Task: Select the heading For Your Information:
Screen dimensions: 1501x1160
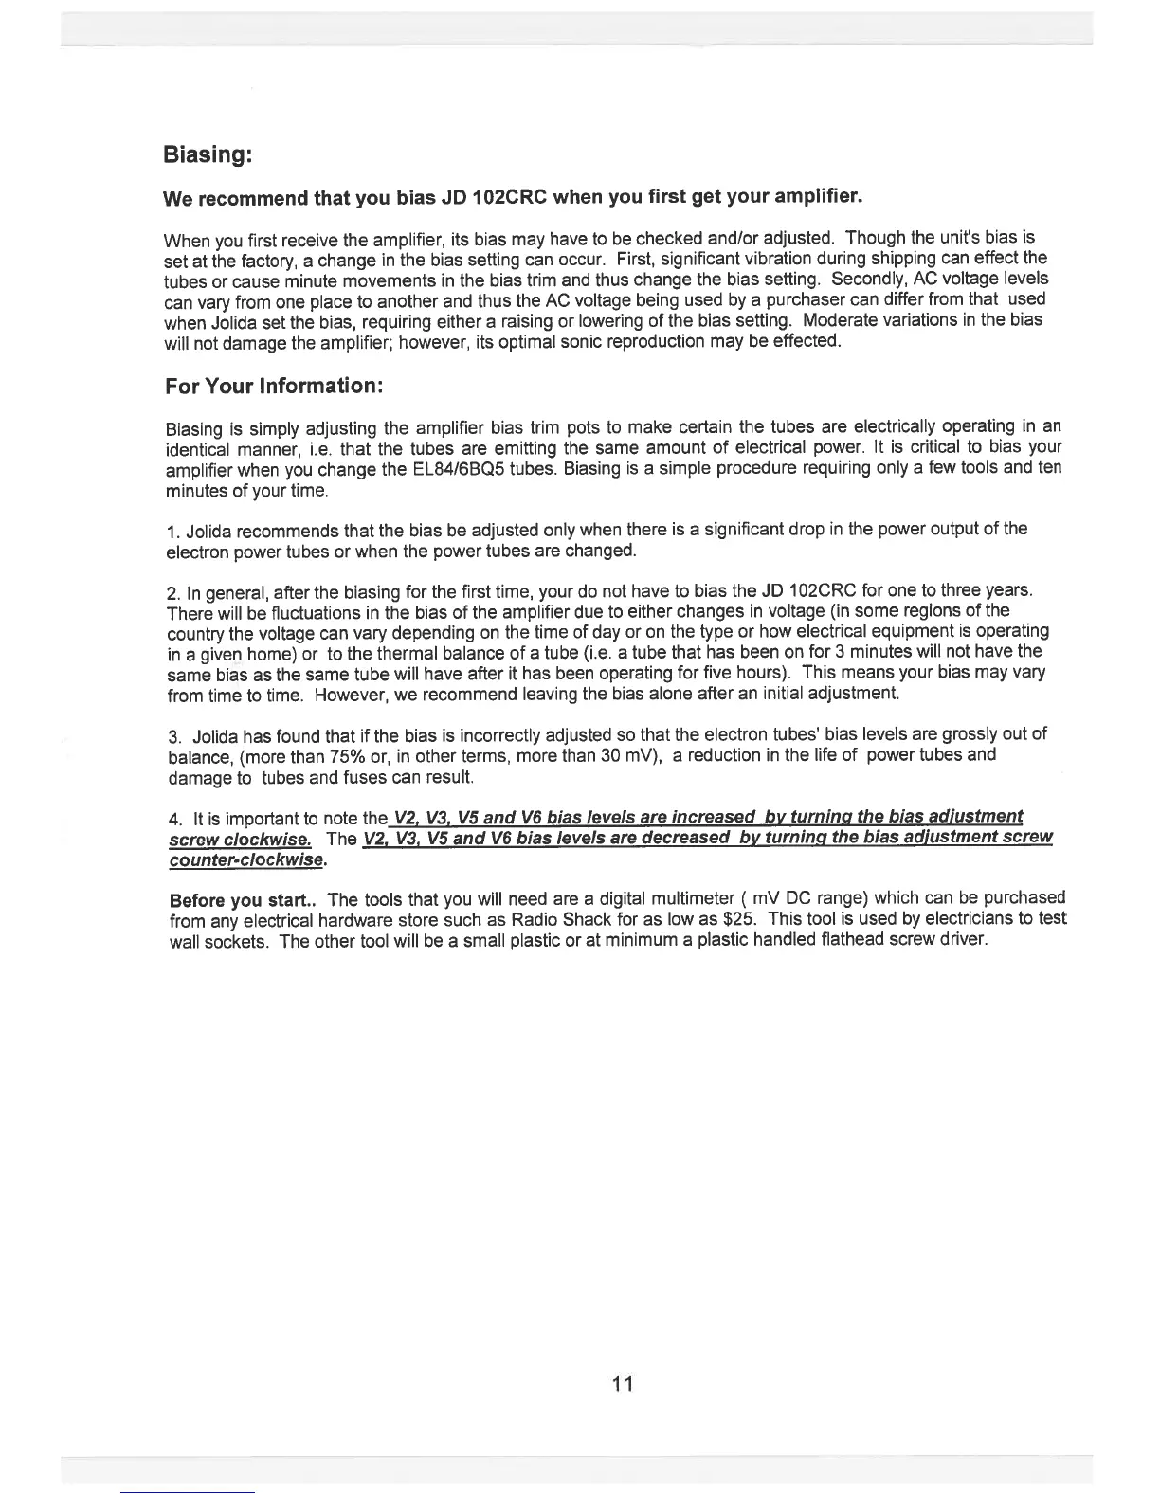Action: pos(273,387)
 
